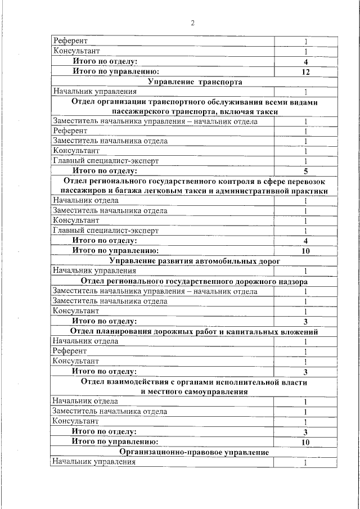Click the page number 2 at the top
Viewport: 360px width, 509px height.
(x=192, y=23)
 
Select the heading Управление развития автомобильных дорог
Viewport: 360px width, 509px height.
(x=195, y=261)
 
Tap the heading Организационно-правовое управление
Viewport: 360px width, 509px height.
(x=195, y=452)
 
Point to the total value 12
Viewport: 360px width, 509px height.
(x=305, y=72)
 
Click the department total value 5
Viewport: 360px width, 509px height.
(x=305, y=170)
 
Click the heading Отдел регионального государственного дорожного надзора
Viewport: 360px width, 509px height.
(x=195, y=281)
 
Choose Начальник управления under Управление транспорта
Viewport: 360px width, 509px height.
(x=94, y=92)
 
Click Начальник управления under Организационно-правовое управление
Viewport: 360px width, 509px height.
(x=94, y=462)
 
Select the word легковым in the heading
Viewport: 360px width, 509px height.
(x=174, y=191)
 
